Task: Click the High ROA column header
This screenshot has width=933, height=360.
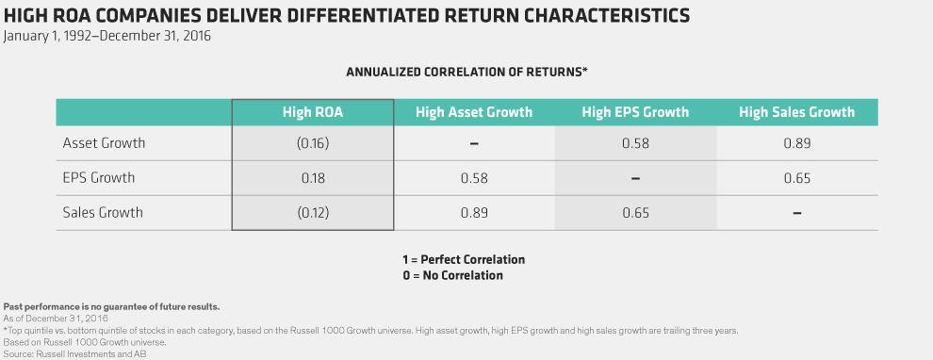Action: tap(312, 112)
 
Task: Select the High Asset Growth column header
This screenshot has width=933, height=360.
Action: tap(474, 112)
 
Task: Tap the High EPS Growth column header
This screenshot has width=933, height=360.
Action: tap(635, 112)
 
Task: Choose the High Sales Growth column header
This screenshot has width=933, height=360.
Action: tap(796, 112)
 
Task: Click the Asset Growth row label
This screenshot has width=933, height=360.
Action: tap(104, 143)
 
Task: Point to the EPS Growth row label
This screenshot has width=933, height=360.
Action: tap(99, 178)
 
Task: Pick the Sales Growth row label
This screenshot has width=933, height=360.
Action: tap(103, 212)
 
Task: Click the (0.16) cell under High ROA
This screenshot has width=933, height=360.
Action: tap(312, 143)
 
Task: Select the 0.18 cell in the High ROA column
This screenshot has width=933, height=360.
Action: tap(312, 178)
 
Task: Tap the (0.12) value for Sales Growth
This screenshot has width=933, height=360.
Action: tap(312, 212)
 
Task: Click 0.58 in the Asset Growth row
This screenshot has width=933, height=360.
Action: tap(635, 143)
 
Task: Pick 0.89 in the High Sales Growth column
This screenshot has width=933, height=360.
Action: tap(796, 143)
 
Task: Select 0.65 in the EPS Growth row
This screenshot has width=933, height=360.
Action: tap(796, 178)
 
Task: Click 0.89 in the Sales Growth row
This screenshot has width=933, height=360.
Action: tap(474, 212)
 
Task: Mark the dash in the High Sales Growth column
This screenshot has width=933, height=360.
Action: tap(796, 212)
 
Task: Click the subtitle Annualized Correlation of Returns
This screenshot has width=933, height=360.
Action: tap(467, 72)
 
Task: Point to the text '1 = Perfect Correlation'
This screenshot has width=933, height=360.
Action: tap(464, 259)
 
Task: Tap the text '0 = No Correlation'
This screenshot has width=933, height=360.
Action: tap(452, 275)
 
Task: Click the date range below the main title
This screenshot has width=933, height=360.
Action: tap(107, 36)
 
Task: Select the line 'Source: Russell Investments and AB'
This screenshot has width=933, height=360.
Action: tap(74, 354)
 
